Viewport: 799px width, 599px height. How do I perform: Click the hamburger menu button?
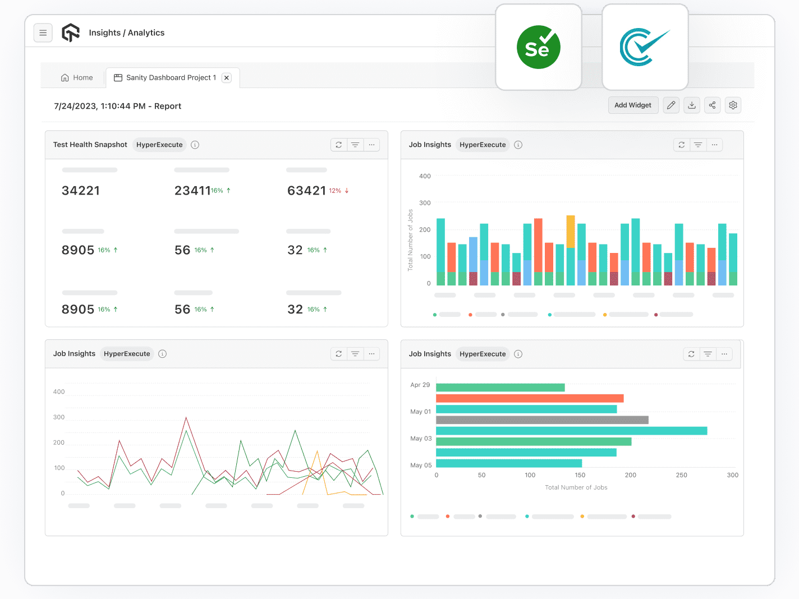tap(43, 33)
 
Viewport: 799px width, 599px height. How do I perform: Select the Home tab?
tap(77, 78)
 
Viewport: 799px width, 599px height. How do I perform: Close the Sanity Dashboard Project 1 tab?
tap(227, 78)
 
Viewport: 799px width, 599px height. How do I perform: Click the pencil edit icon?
tap(671, 105)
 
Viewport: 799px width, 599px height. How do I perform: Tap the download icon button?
tap(692, 105)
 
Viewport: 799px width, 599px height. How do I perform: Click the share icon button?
tap(712, 105)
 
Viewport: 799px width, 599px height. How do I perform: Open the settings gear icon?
tap(733, 105)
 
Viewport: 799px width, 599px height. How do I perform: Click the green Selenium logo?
tap(538, 48)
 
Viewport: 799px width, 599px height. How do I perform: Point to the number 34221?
tap(81, 191)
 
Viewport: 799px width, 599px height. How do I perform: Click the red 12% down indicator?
tap(339, 191)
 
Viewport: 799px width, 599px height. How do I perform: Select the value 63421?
tap(306, 191)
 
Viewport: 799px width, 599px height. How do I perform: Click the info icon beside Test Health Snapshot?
tap(195, 145)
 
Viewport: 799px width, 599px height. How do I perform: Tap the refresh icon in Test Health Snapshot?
tap(339, 145)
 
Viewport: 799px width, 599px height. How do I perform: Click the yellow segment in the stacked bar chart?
tap(571, 231)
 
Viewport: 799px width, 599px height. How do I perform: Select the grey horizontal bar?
tap(542, 420)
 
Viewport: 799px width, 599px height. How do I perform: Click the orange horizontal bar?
tap(530, 398)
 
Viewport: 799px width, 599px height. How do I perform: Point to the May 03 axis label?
tap(421, 439)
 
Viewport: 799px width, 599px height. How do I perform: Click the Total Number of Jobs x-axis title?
tap(576, 487)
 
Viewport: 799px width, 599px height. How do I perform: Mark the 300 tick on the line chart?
tap(59, 417)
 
